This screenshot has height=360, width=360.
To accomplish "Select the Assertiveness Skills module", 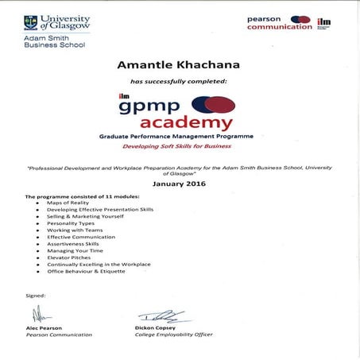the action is (74, 243).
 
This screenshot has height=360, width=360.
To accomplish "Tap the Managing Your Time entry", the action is (73, 250).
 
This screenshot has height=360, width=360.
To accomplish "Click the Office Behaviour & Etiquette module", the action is (86, 270).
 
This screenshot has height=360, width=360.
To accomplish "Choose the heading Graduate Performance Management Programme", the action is (176, 137).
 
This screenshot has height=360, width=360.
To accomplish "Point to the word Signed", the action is (36, 296).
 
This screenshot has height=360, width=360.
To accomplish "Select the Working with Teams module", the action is (70, 230).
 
